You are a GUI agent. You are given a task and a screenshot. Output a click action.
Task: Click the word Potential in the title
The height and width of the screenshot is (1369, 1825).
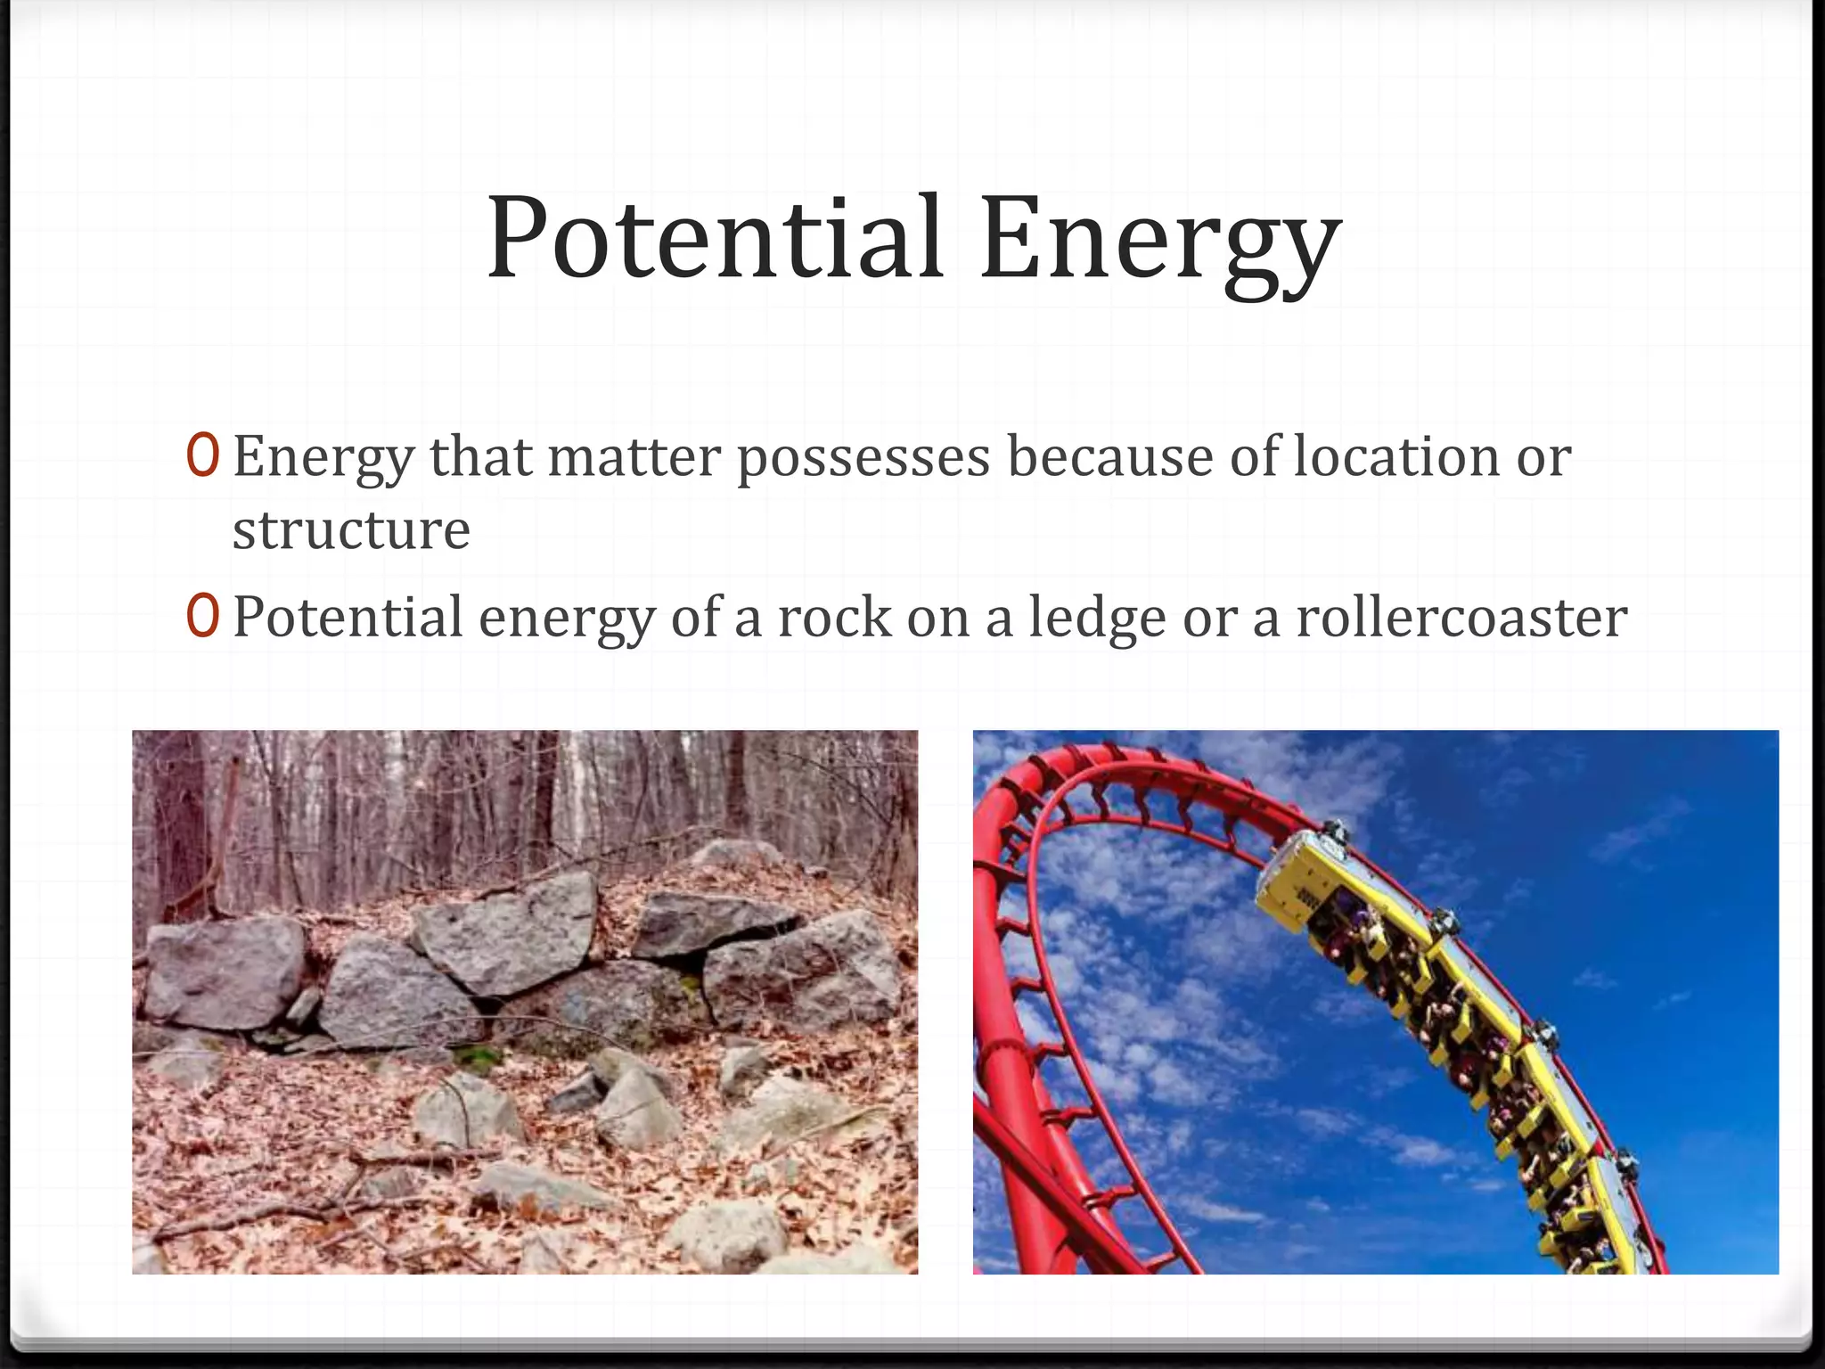[714, 239]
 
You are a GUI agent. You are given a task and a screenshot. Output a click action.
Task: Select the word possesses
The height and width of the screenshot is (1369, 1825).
[863, 459]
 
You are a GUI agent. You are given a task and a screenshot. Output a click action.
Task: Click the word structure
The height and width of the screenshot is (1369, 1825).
[351, 530]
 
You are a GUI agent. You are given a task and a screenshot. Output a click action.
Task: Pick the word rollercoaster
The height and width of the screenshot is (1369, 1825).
[1461, 618]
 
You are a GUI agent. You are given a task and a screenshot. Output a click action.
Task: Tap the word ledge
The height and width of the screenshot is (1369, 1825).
[1097, 619]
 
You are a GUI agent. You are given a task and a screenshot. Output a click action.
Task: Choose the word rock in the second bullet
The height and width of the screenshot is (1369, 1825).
[834, 618]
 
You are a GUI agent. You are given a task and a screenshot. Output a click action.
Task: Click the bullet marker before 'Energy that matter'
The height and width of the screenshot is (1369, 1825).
[202, 455]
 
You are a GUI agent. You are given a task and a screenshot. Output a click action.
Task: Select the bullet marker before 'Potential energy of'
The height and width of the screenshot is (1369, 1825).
[202, 617]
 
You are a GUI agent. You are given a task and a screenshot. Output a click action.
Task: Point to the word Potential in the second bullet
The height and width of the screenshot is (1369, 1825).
[348, 618]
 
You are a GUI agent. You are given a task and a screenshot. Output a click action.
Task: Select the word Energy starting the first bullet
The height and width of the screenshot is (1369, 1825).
[323, 459]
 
